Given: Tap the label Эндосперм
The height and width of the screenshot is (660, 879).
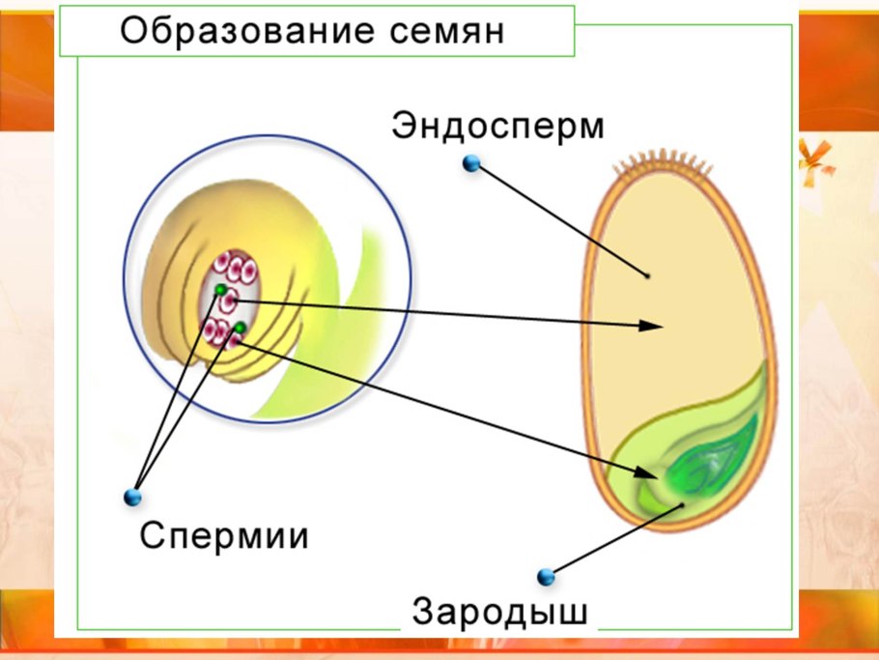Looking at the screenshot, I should pos(497,128).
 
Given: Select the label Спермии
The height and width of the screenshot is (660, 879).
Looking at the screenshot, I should pos(224,534).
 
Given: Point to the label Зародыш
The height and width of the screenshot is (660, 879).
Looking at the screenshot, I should pos(499,613).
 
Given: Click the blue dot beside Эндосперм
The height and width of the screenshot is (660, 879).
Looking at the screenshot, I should pos(471,163).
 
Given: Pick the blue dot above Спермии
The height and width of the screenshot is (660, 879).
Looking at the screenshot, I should pos(133,497).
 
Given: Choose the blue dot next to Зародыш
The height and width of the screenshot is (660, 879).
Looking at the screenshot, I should pos(547,577).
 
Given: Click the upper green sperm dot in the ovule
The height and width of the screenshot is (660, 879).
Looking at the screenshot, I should pos(220,290).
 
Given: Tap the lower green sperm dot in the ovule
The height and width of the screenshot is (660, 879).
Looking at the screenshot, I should pos(239,329).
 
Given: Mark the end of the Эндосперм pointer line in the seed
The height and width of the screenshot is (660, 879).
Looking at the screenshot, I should pos(648,275).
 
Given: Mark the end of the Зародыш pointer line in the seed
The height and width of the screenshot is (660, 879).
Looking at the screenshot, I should pos(684,504).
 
